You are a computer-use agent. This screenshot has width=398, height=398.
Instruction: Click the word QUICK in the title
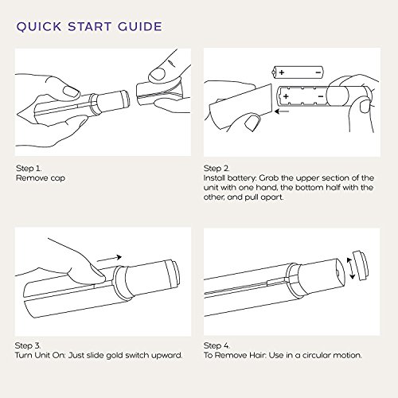point(39,27)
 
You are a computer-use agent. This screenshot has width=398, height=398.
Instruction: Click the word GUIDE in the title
point(140,26)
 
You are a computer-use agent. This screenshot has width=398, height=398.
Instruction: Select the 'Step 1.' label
point(29,168)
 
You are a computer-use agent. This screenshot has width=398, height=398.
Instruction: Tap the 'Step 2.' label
point(217,168)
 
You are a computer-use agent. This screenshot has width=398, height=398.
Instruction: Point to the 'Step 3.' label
point(28,345)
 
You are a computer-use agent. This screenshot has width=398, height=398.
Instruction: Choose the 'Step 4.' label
point(217,345)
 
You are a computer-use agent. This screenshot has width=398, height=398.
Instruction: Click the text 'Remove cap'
point(41,178)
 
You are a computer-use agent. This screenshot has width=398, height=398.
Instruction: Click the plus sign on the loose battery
point(282,72)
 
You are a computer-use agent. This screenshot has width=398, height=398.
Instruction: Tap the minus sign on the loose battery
point(318,72)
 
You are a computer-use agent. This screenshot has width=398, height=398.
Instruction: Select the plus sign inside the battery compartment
point(286,96)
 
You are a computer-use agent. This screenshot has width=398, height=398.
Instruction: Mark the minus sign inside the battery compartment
point(321,96)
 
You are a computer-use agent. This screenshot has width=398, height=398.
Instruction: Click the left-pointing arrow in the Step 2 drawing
point(282,111)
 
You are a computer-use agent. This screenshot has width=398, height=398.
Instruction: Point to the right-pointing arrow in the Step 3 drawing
point(109,258)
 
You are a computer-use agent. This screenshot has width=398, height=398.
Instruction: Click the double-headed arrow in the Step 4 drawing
point(351,268)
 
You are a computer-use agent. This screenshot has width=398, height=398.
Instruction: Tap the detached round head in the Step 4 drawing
point(360,264)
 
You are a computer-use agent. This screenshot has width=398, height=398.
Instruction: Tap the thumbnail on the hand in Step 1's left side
point(72,91)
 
